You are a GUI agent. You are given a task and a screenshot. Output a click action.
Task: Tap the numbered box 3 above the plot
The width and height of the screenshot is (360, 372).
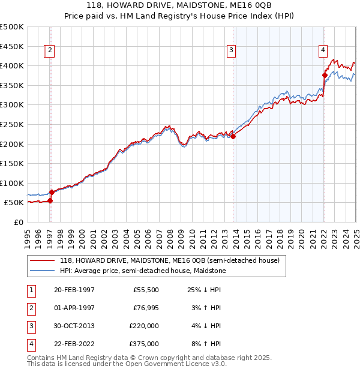[231, 51]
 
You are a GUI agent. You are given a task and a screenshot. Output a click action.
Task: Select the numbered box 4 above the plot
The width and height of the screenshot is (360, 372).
[323, 51]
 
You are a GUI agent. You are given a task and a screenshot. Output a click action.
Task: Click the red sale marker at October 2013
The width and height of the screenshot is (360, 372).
[233, 136]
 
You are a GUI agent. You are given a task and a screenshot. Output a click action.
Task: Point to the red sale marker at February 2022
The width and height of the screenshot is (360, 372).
[325, 75]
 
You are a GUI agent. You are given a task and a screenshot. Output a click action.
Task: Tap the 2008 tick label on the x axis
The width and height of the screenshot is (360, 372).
[170, 233]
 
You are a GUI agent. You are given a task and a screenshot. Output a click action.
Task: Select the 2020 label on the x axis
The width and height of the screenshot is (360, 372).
[302, 233]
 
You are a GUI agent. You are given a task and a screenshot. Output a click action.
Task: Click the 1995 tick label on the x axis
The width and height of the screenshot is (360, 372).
[28, 233]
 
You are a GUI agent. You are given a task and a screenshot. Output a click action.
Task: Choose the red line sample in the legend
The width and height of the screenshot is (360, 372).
[42, 260]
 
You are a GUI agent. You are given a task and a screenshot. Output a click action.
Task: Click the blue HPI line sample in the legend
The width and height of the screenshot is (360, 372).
[42, 271]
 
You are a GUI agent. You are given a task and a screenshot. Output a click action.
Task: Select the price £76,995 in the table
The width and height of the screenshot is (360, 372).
[143, 308]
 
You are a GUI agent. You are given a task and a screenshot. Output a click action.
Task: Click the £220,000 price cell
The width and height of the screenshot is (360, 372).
[143, 326]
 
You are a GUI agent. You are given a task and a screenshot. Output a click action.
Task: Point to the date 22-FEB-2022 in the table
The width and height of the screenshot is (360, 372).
[74, 344]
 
